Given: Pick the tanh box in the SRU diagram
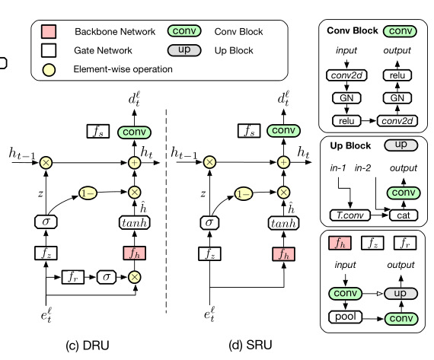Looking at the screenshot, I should pyautogui.click(x=283, y=222).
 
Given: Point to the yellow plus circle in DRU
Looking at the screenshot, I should pyautogui.click(x=134, y=162).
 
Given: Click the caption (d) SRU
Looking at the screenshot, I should pyautogui.click(x=251, y=344).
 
